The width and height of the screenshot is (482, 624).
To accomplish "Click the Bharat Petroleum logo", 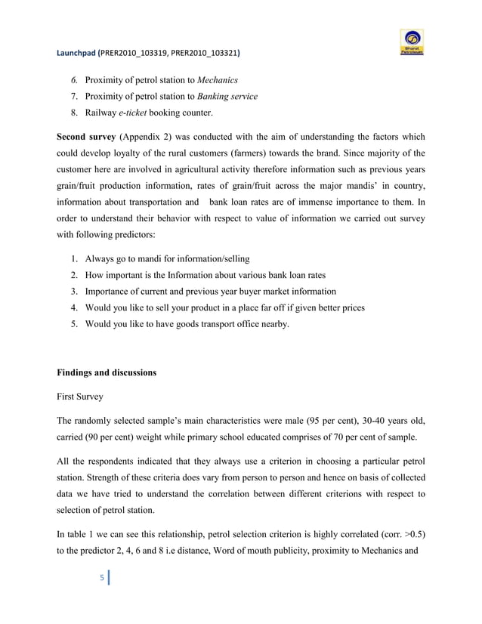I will click(412, 42).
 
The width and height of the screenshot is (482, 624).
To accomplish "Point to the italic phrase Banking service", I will click(227, 97).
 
